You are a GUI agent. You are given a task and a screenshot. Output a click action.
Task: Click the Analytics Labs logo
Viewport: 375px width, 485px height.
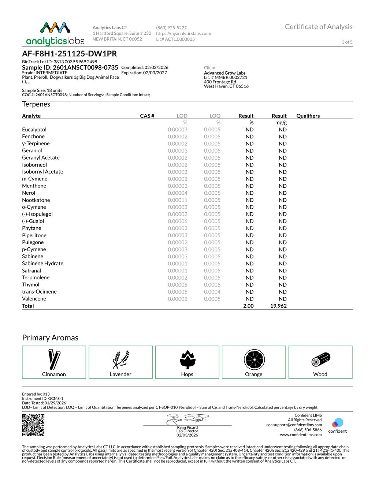[55, 34]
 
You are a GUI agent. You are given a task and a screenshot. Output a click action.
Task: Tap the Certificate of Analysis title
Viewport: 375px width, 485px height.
[319, 27]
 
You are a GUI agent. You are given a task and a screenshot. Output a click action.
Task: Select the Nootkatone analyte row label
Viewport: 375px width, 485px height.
[36, 200]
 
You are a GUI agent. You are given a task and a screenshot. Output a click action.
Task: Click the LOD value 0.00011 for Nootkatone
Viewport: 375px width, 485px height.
[178, 200]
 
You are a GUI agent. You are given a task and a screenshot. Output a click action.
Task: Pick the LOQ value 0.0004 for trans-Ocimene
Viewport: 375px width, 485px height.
[212, 292]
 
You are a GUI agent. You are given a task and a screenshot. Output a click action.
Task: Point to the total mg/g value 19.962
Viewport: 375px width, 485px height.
[278, 306]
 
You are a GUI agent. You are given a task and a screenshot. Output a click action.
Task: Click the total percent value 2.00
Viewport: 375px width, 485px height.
[248, 306]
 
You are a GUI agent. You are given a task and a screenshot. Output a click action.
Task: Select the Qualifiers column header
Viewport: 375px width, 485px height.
[308, 116]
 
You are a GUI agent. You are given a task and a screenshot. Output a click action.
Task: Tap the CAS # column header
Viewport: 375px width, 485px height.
[147, 116]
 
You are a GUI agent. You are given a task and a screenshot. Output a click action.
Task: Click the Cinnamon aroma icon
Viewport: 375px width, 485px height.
[54, 359]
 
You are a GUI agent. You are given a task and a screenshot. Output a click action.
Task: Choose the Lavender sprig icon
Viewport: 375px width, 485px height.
[120, 359]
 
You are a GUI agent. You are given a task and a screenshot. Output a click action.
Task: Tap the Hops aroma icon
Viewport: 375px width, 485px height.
[187, 359]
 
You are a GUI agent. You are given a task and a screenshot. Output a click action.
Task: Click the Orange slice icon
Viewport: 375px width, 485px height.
[254, 359]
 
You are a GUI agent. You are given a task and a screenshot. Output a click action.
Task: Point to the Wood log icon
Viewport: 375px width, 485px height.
[321, 359]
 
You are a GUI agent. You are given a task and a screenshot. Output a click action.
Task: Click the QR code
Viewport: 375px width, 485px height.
[33, 425]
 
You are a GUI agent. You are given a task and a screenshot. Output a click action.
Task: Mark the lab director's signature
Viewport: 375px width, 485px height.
[187, 419]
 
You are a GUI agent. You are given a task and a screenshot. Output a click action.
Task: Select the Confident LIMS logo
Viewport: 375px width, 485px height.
[337, 425]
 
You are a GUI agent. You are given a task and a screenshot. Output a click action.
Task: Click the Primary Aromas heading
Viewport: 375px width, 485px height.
[50, 337]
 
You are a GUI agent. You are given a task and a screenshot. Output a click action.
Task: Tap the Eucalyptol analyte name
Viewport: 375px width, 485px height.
[34, 130]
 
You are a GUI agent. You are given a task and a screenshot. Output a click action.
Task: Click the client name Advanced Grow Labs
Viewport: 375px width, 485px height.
[224, 73]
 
